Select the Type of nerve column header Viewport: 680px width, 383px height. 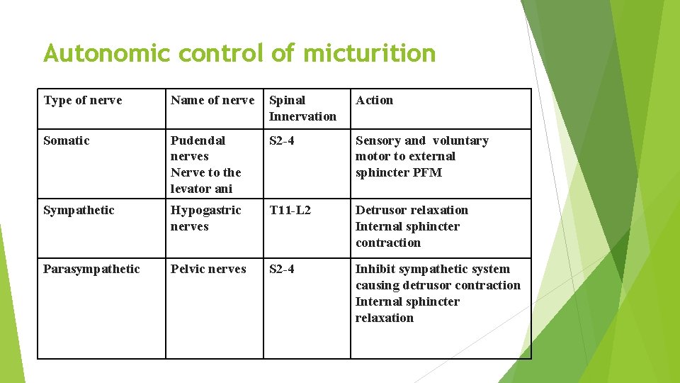(x=83, y=101)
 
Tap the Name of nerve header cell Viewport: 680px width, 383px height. (x=212, y=101)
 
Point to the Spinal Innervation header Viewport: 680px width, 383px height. (x=302, y=108)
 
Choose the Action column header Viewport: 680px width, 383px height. (x=374, y=101)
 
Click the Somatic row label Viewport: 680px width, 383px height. (x=67, y=140)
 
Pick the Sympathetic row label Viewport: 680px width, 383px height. (x=79, y=211)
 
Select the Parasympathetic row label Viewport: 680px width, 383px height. (x=91, y=270)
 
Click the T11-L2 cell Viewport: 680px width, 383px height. (x=290, y=211)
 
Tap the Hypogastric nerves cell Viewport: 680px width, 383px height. (x=205, y=218)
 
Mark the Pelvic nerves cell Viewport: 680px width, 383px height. (x=208, y=270)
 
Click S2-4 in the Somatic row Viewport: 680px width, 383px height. (x=282, y=140)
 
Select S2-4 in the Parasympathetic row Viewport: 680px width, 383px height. (x=282, y=270)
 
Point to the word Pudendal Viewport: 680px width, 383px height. (x=198, y=140)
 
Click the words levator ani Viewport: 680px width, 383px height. (x=201, y=189)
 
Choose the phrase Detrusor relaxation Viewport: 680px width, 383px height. (x=412, y=211)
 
